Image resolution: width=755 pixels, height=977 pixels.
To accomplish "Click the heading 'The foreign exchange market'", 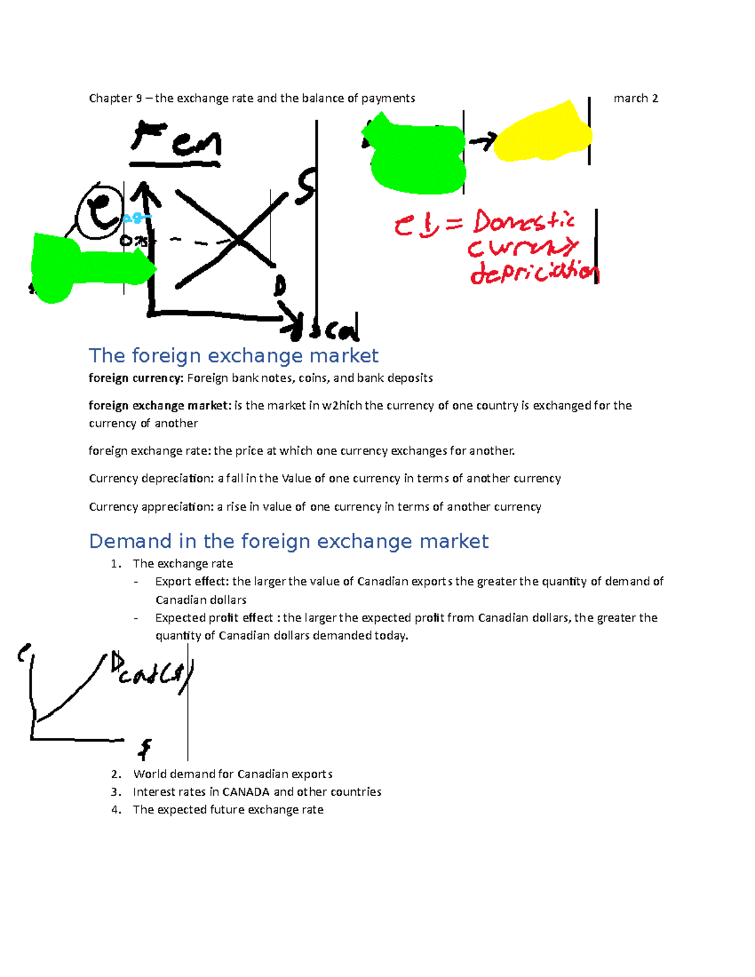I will point(233,356).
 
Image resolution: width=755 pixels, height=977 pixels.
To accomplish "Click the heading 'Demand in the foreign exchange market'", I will point(288,542).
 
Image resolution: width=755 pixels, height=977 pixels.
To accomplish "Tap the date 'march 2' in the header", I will point(635,98).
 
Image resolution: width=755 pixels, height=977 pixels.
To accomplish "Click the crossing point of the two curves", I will point(237,239).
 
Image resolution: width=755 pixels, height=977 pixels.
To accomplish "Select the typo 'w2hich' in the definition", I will point(342,406).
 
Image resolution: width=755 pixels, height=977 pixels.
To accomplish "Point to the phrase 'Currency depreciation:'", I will point(152,479).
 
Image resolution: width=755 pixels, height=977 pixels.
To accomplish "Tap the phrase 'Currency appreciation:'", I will point(151,507).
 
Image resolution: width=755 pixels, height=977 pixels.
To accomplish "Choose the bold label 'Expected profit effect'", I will point(214,618).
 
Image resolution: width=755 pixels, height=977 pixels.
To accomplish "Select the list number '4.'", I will point(116,810).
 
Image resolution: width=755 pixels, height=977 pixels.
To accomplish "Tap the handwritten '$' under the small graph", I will point(145,749).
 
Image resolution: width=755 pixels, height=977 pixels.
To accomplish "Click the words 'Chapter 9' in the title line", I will point(111,98).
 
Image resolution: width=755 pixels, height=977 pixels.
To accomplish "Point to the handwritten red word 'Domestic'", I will point(523,221).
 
